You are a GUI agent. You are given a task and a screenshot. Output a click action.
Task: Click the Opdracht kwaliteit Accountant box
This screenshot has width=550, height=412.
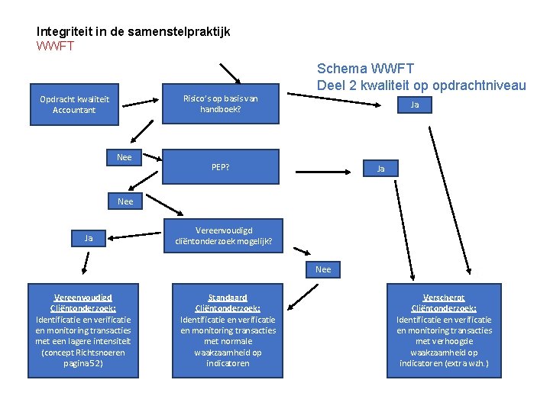point(74,105)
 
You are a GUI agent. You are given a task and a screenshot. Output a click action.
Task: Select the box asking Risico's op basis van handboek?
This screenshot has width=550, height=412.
point(221,104)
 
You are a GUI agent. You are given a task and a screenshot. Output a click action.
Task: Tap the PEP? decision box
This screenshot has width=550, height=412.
point(221,167)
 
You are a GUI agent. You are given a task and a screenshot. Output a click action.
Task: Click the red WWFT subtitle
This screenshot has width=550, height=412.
point(55,46)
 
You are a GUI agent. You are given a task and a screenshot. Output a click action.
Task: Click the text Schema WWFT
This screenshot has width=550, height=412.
point(365,69)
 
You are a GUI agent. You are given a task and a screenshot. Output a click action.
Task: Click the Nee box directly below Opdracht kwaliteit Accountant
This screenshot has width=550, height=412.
point(125,157)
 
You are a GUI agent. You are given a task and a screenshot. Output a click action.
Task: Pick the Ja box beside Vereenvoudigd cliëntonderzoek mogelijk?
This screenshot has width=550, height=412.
point(89,238)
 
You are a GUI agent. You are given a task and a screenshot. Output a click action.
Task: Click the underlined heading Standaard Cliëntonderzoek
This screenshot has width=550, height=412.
point(228,303)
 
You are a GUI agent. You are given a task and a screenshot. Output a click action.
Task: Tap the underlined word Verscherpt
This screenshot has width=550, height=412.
point(444,298)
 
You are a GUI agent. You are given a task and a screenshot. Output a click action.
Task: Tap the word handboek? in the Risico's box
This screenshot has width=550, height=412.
point(221,109)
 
